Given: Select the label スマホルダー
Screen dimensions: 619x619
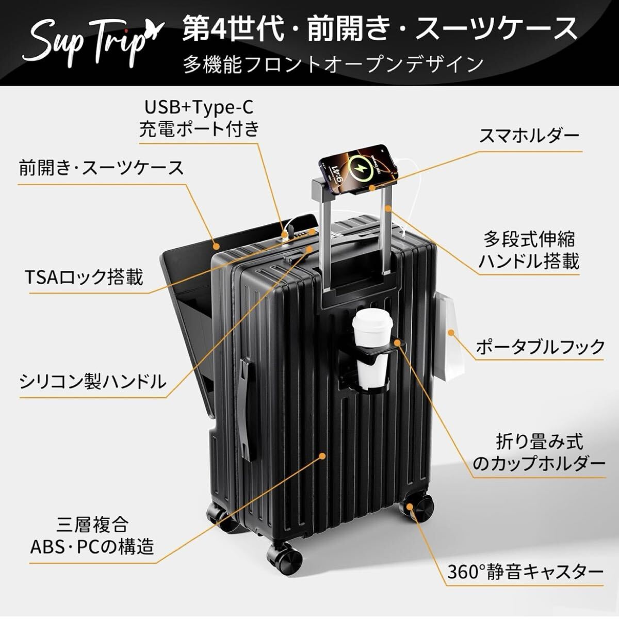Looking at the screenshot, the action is [529, 136].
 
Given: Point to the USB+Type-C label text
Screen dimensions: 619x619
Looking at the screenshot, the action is [199, 107].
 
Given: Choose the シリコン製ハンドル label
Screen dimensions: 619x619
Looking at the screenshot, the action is [93, 382].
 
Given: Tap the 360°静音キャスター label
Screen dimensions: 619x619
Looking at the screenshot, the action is [526, 572].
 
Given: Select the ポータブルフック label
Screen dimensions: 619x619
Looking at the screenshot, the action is [540, 347].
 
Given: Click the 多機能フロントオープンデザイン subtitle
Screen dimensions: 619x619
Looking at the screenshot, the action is [333, 64].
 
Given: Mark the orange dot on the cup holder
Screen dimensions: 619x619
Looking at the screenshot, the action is [398, 343].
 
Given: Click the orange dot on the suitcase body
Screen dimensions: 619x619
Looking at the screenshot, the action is [323, 455].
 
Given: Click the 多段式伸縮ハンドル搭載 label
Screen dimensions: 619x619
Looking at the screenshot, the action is [528, 251].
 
